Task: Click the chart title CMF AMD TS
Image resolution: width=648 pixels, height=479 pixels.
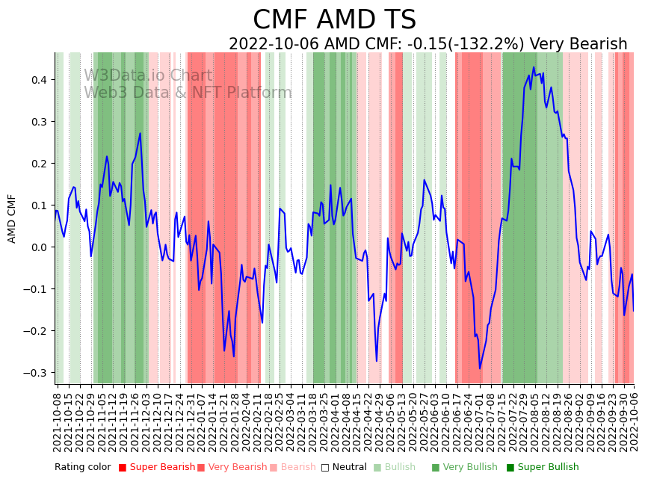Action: tap(334, 20)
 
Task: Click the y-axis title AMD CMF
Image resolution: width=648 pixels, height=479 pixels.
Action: tap(12, 218)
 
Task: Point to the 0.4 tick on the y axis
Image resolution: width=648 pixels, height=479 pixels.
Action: tap(37, 80)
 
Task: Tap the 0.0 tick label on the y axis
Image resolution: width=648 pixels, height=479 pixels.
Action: tap(37, 247)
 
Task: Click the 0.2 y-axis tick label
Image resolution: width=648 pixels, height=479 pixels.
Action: tap(37, 164)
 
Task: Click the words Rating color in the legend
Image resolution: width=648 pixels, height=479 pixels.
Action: tap(82, 467)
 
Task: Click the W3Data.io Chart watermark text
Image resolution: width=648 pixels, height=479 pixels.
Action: tap(148, 75)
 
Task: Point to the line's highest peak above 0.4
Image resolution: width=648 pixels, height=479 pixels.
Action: tap(534, 67)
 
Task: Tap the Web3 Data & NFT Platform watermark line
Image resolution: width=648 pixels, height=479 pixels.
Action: tap(188, 93)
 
